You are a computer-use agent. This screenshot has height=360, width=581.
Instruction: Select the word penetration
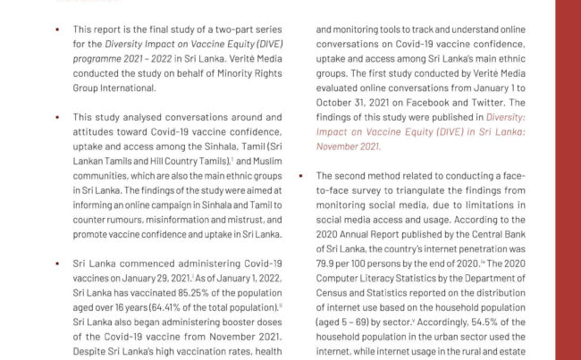tap(482, 248)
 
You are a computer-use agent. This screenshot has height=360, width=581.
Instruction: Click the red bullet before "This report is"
tap(57, 29)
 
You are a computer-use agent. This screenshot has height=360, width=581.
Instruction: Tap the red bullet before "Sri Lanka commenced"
tap(57, 264)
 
